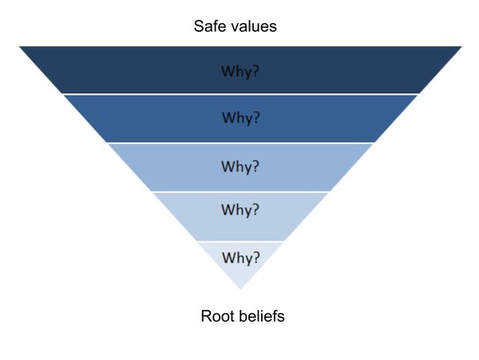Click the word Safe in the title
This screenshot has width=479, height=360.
(210, 26)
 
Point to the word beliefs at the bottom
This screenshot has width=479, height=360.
(260, 316)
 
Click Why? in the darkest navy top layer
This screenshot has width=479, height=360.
(240, 71)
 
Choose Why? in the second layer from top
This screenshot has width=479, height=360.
(240, 118)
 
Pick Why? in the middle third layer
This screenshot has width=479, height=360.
(240, 166)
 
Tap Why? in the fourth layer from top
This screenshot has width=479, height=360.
(240, 211)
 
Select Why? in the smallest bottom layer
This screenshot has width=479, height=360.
(240, 258)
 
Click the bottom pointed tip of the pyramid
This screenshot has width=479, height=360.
(240, 288)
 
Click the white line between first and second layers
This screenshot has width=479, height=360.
(240, 94)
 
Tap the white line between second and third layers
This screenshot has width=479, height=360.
(240, 143)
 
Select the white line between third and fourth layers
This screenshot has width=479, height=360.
(240, 192)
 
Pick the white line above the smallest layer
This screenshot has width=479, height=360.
(240, 241)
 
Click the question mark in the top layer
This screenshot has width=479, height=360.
(256, 71)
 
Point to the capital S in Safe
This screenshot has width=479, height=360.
(199, 26)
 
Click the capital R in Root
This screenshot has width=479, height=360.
(205, 316)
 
